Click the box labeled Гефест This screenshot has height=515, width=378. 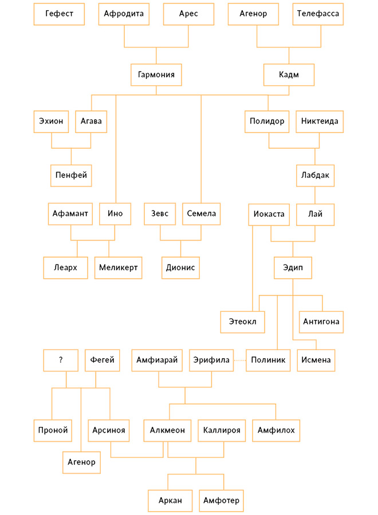(59, 14)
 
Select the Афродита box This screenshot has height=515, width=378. (124, 14)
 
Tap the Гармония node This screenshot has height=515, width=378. (156, 75)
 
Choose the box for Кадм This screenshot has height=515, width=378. (289, 75)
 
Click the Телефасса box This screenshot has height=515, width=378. (318, 14)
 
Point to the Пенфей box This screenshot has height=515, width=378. (71, 176)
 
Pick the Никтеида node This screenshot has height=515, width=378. (320, 121)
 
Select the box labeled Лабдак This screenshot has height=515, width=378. (315, 176)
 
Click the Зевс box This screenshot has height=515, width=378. (160, 214)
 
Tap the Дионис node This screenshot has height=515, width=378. (180, 268)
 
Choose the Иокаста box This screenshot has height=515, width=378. (269, 215)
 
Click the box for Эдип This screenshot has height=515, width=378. (293, 268)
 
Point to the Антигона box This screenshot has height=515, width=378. (321, 322)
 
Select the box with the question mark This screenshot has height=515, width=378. (61, 360)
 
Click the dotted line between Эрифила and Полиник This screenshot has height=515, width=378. (240, 360)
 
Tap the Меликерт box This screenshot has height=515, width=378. (119, 268)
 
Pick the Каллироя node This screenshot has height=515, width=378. (222, 430)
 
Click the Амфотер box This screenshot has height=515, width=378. (221, 501)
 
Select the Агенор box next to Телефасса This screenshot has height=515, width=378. (253, 14)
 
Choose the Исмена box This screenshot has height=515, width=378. (316, 360)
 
